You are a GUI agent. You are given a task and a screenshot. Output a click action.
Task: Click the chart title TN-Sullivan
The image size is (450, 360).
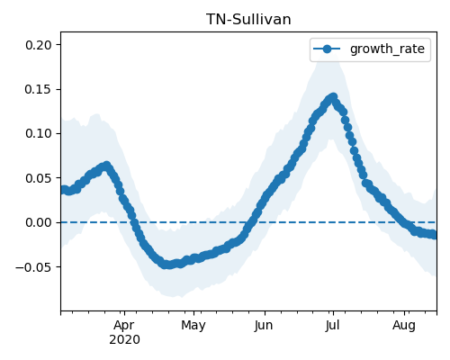click(x=248, y=20)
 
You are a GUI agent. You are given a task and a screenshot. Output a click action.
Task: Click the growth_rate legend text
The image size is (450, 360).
click(x=387, y=49)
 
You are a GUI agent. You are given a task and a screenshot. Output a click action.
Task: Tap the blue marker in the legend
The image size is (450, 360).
click(x=327, y=49)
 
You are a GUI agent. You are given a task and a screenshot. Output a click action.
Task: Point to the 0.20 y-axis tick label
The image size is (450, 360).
click(x=39, y=45)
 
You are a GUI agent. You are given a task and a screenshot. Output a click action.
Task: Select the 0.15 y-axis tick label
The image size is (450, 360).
click(x=39, y=89)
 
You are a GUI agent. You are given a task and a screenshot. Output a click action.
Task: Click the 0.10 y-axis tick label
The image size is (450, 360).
click(x=39, y=133)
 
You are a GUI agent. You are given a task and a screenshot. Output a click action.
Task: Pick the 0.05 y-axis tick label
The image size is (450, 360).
click(x=39, y=178)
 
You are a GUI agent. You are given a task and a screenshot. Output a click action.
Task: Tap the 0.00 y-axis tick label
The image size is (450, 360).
click(x=39, y=222)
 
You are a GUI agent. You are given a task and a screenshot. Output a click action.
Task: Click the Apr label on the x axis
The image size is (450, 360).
click(x=124, y=326)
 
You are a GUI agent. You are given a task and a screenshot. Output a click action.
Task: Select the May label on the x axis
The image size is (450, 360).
click(x=193, y=326)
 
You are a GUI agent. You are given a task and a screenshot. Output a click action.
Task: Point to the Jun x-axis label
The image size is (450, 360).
click(x=264, y=326)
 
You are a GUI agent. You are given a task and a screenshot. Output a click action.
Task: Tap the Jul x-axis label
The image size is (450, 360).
click(x=332, y=326)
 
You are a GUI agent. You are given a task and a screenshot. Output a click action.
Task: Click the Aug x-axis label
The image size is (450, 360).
click(x=404, y=326)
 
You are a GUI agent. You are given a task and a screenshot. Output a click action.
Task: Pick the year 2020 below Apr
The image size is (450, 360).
click(x=124, y=340)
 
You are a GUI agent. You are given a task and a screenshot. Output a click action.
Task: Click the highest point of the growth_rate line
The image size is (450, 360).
click(x=333, y=96)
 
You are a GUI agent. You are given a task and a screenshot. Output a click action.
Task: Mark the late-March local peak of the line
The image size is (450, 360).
click(x=106, y=165)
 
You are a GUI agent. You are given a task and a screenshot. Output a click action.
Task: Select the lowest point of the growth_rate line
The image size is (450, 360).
click(x=169, y=265)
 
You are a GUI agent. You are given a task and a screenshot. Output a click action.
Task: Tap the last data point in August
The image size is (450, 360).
click(x=434, y=235)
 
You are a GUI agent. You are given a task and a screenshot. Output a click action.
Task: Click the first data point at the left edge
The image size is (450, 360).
click(x=62, y=190)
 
